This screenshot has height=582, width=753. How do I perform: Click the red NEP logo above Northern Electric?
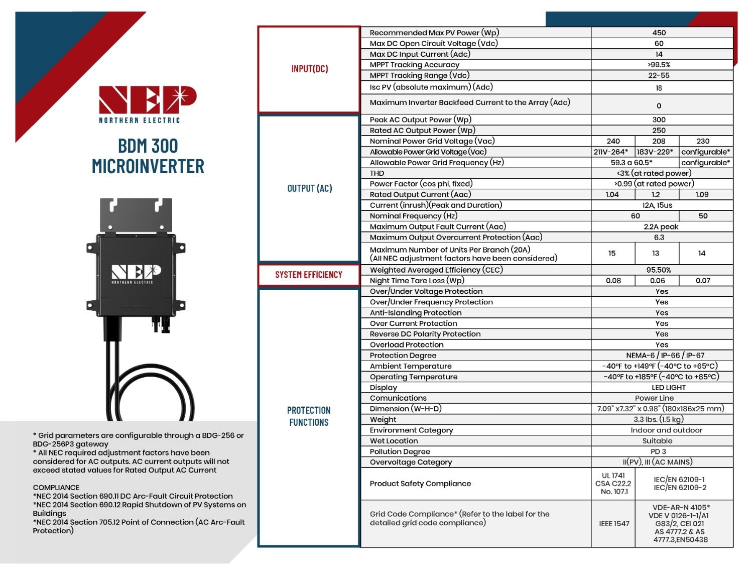(x=147, y=99)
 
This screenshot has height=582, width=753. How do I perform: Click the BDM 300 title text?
(x=148, y=146)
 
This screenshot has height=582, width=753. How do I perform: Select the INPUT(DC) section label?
(x=309, y=69)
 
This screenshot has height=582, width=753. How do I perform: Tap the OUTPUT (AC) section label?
(x=309, y=188)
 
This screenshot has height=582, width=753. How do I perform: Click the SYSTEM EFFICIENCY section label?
(x=309, y=275)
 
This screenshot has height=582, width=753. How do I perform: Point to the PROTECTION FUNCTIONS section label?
(x=309, y=416)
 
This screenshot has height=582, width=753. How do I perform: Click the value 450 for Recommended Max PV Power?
(x=659, y=33)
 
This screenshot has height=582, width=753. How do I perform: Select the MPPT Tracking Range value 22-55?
(x=659, y=75)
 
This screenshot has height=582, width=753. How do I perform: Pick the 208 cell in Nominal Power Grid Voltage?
(x=659, y=141)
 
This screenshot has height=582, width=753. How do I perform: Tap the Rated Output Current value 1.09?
(x=702, y=194)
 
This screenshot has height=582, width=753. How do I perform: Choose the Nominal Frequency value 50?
(x=703, y=216)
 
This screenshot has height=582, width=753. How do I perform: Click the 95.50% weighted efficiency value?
(x=659, y=270)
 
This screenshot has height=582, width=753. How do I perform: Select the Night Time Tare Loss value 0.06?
(x=657, y=281)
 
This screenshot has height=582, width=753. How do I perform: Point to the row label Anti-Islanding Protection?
(x=416, y=313)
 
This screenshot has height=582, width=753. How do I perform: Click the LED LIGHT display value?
(x=668, y=388)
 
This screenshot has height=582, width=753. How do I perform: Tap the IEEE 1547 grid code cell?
(x=614, y=524)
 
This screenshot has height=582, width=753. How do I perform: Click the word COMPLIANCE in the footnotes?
(x=56, y=488)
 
